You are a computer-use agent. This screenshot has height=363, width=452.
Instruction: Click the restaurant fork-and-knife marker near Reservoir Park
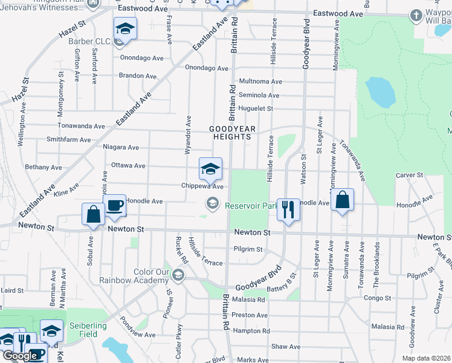point(288,209)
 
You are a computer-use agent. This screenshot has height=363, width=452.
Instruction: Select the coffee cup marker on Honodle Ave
point(114,206)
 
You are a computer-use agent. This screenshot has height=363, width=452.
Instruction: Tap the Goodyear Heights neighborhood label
point(233,132)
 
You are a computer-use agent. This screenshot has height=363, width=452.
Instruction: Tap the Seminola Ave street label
point(259,95)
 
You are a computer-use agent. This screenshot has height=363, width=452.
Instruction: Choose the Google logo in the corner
point(19,356)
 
